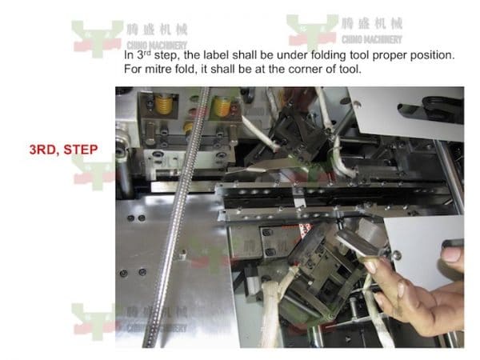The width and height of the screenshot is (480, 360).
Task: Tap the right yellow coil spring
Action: tap(223, 106)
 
